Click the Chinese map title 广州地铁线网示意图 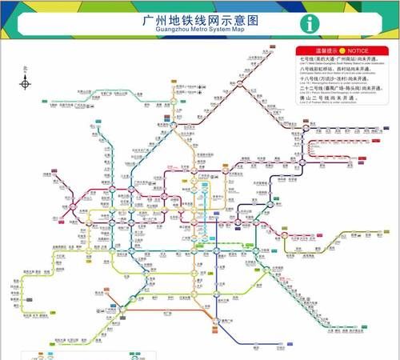tap(199, 18)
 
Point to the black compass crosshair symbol tap(26, 82)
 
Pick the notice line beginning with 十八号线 tap(335, 81)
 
